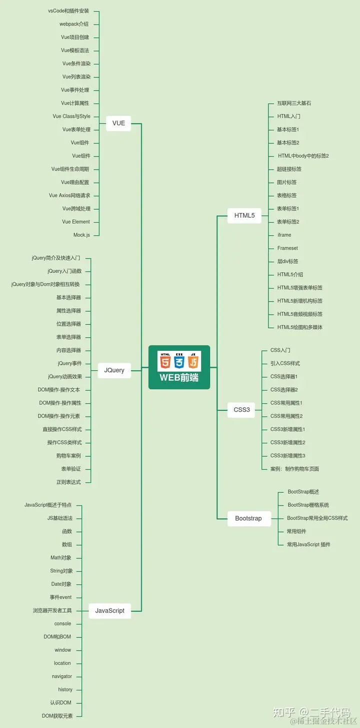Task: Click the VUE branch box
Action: [x=118, y=123]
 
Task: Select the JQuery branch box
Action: [x=114, y=370]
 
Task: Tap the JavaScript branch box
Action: [x=110, y=610]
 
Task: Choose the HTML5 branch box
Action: [x=244, y=216]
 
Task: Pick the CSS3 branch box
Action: [x=241, y=410]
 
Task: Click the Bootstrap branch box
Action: [x=248, y=518]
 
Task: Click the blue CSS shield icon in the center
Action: [x=179, y=361]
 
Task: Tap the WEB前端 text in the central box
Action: [x=179, y=378]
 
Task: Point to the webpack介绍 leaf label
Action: [x=74, y=24]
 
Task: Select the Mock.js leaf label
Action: [x=81, y=235]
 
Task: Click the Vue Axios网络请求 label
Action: [x=69, y=196]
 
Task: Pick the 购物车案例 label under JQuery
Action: [x=68, y=456]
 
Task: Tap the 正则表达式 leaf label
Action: [x=68, y=482]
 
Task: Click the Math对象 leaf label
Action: [x=61, y=558]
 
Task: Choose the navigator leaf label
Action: [x=62, y=676]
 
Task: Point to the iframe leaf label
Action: [x=284, y=235]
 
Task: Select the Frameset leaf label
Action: [x=287, y=248]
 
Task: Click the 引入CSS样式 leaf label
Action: [x=285, y=363]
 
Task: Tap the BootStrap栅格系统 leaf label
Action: [x=308, y=505]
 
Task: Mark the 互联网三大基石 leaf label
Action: [x=294, y=103]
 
